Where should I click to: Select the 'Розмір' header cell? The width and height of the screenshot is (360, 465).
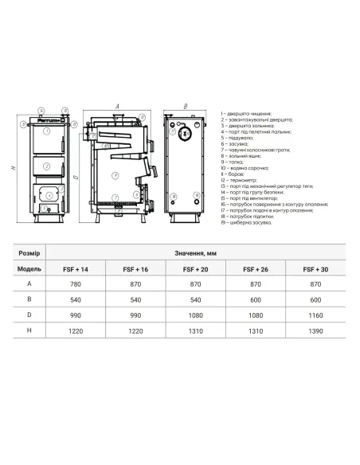pyautogui.click(x=29, y=252)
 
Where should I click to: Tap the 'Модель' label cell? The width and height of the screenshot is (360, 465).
pyautogui.click(x=29, y=268)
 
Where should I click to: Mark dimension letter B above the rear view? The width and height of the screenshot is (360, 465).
pyautogui.click(x=185, y=105)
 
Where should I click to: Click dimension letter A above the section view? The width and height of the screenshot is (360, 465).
pyautogui.click(x=117, y=105)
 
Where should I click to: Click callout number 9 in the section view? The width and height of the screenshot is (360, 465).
pyautogui.click(x=115, y=175)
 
